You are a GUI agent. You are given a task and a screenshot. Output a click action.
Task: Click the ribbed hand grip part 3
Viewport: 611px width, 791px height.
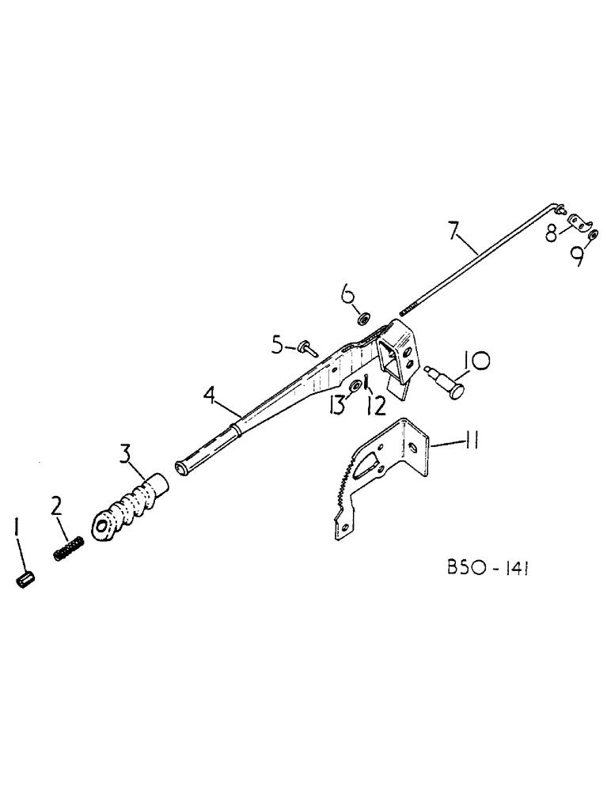[x=131, y=503]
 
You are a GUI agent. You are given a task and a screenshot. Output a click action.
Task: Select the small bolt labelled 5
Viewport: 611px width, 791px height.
[x=305, y=346]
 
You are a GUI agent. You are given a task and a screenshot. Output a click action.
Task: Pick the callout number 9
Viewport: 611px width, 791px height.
[x=579, y=254]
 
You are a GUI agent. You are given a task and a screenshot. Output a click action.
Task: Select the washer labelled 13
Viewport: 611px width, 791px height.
[x=356, y=385]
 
